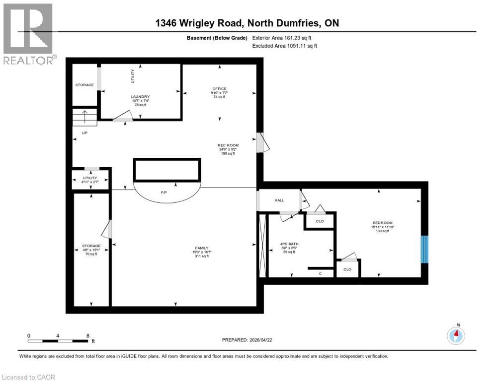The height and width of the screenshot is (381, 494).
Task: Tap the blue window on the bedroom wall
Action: [x=424, y=249]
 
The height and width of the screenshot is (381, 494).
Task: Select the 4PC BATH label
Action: [x=289, y=244]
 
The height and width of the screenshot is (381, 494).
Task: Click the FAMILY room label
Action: [x=201, y=248]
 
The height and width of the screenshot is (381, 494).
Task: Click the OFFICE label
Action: [x=219, y=89]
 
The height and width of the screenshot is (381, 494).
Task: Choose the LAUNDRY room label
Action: [x=140, y=97]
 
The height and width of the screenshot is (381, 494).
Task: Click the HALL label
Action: [x=279, y=200]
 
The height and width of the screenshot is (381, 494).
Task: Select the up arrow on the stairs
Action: [x=84, y=118]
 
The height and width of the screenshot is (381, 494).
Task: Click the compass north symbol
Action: [x=456, y=335]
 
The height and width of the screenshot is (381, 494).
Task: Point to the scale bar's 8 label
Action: [x=88, y=335]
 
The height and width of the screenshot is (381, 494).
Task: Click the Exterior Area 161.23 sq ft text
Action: [x=285, y=38]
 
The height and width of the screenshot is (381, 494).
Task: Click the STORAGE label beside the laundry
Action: [x=84, y=85]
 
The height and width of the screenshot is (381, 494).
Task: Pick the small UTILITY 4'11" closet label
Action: [x=90, y=178]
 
